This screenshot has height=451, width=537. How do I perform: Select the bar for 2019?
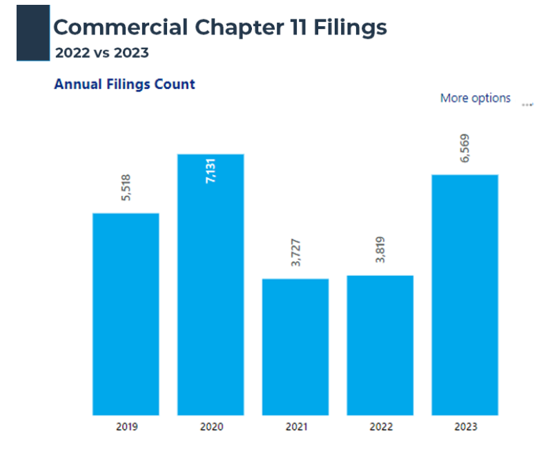click(126, 314)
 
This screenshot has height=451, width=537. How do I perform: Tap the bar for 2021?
click(295, 347)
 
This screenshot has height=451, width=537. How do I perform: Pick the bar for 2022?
click(380, 345)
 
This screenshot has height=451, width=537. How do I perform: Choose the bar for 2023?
click(465, 294)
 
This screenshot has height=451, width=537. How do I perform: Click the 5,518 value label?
click(126, 187)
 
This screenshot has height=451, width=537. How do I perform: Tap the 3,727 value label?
click(295, 252)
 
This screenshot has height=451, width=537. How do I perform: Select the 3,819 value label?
click(380, 249)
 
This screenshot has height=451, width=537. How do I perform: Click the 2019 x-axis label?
click(126, 427)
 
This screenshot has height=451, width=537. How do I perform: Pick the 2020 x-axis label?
click(211, 427)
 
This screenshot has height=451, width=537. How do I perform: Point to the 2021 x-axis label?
click(295, 427)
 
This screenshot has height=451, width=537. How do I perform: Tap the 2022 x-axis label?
click(380, 427)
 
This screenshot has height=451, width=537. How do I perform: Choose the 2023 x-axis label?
click(465, 427)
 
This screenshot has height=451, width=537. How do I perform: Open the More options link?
click(475, 98)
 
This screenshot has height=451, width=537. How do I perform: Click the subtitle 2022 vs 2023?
click(101, 52)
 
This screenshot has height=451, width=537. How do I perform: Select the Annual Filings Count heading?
click(124, 84)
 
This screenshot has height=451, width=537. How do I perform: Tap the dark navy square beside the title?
click(33, 32)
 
